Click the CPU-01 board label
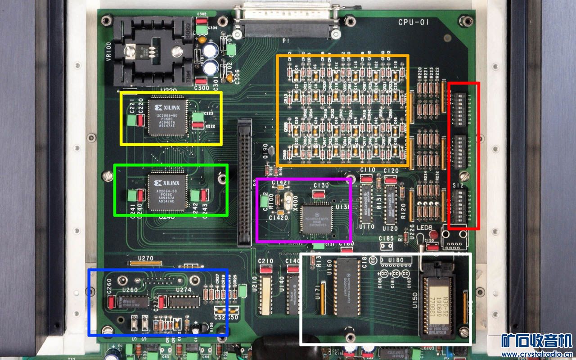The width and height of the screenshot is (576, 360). coord(412,22)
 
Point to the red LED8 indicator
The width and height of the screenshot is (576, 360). coord(434,234)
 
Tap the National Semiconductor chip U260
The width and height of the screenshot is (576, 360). coord(134,301)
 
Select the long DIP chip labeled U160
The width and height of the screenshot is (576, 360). coord(346,288)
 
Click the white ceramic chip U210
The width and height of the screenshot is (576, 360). coord(265,295)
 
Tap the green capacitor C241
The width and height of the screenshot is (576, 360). coord(132,196)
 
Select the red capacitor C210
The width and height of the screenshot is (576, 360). coord(265,270)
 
